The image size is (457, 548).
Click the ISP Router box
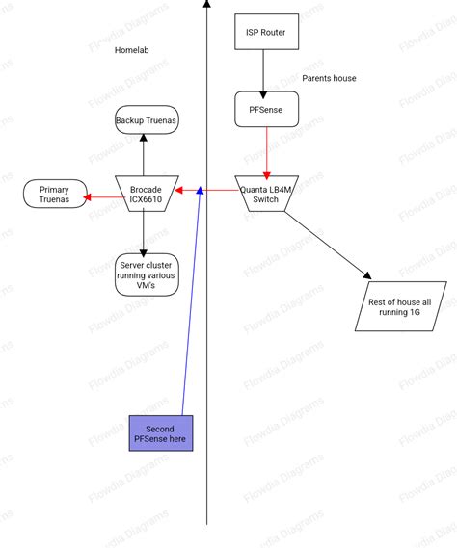266,33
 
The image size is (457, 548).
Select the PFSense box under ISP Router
266,109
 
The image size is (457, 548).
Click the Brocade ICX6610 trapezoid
146,195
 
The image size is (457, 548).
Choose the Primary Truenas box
54,195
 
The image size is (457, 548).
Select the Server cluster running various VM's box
147,274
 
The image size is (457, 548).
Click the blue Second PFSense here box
161,433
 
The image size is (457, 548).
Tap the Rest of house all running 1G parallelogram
400,307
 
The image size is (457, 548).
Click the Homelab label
131,49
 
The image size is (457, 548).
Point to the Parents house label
329,78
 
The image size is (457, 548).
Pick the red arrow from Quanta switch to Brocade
214,190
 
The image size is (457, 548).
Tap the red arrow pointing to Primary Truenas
98,197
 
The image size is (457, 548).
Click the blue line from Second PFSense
190,308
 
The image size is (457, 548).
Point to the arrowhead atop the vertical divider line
206,4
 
